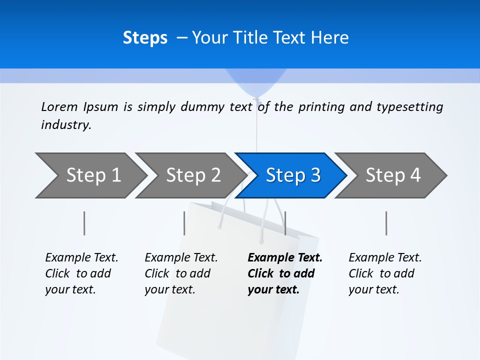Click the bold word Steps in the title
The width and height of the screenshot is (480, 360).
(x=145, y=38)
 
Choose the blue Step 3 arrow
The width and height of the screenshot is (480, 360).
(x=293, y=175)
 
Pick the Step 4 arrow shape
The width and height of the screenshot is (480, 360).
(x=393, y=175)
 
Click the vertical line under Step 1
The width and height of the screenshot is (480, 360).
(x=84, y=223)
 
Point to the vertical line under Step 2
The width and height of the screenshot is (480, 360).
(x=184, y=223)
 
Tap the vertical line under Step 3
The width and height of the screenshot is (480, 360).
(x=285, y=223)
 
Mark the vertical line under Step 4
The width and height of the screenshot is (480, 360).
(x=386, y=223)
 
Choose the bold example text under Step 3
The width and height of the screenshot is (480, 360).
(x=284, y=273)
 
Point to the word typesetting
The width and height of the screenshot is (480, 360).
(x=409, y=107)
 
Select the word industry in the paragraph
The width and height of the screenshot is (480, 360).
(x=65, y=125)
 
